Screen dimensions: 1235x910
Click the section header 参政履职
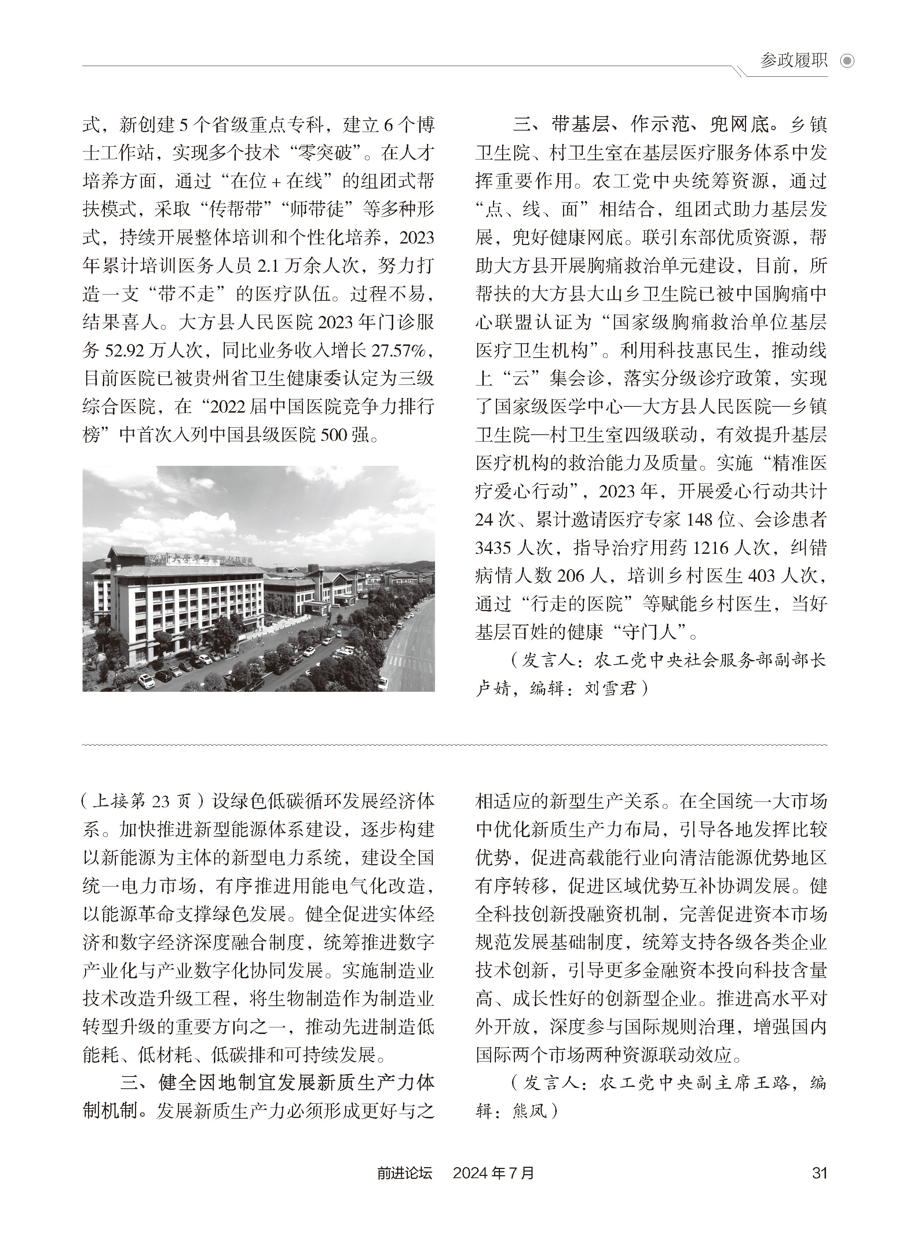click(x=793, y=61)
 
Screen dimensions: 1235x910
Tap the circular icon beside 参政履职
click(x=847, y=61)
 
